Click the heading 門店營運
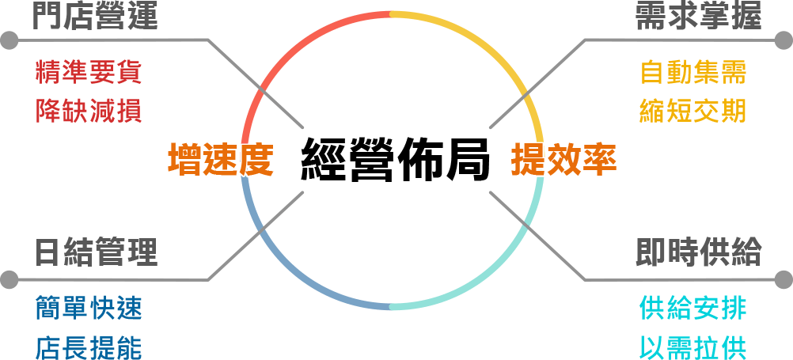click(x=96, y=17)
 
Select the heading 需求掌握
click(x=698, y=17)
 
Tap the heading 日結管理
click(x=96, y=252)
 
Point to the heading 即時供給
click(x=698, y=252)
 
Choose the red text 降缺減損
click(x=89, y=110)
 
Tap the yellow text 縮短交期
click(x=693, y=110)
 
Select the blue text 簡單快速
click(x=89, y=307)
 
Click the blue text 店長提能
click(x=89, y=346)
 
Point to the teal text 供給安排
click(x=693, y=307)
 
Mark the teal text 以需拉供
click(x=693, y=346)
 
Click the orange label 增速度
click(x=220, y=160)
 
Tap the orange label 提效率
click(x=563, y=160)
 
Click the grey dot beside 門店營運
click(x=9, y=40)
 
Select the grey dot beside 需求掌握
click(x=784, y=40)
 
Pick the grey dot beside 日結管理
click(x=9, y=279)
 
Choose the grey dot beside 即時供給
click(x=784, y=279)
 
